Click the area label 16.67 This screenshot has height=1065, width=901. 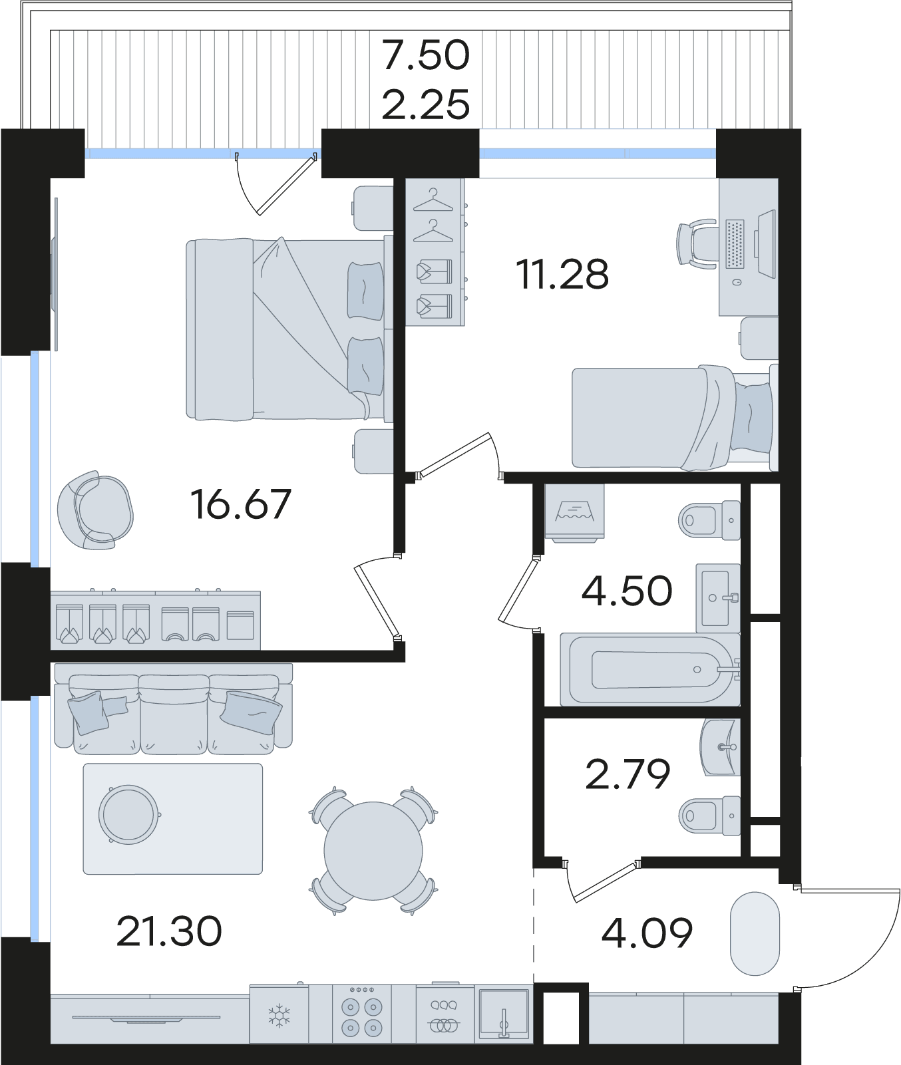[x=241, y=504]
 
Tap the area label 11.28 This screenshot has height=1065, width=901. [x=562, y=273]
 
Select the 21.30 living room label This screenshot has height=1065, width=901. [x=169, y=931]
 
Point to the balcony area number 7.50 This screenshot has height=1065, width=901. [x=426, y=55]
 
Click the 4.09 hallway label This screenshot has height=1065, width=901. [x=647, y=933]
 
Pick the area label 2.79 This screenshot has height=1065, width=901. [x=628, y=774]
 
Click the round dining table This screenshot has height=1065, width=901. [x=373, y=850]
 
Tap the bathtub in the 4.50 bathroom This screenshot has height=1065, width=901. [x=650, y=669]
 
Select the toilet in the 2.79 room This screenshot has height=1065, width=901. [x=710, y=815]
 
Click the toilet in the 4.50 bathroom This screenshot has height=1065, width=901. [x=710, y=519]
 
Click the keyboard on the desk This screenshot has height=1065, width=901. [x=735, y=244]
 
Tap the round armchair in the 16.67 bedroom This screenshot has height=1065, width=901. [x=95, y=510]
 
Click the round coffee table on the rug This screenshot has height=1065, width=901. [x=129, y=814]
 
